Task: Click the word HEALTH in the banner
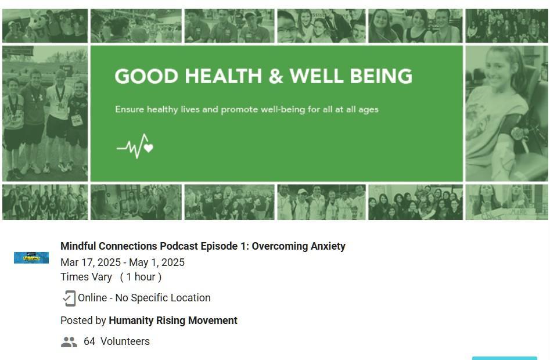(x=223, y=76)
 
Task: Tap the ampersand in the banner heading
(x=276, y=76)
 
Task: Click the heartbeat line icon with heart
(x=135, y=146)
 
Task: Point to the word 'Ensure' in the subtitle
(x=130, y=109)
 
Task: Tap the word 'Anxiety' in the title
(x=328, y=246)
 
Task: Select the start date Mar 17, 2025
(x=90, y=262)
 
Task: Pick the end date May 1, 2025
(x=157, y=262)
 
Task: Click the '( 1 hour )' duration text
(x=141, y=277)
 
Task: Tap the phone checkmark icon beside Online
(x=69, y=298)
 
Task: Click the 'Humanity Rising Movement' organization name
(x=173, y=321)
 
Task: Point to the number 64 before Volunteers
(x=89, y=341)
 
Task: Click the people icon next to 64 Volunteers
(x=69, y=342)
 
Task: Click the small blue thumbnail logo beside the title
(x=31, y=258)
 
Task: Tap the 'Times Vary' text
(x=86, y=277)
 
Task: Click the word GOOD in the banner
(x=146, y=76)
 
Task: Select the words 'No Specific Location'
(x=163, y=298)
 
